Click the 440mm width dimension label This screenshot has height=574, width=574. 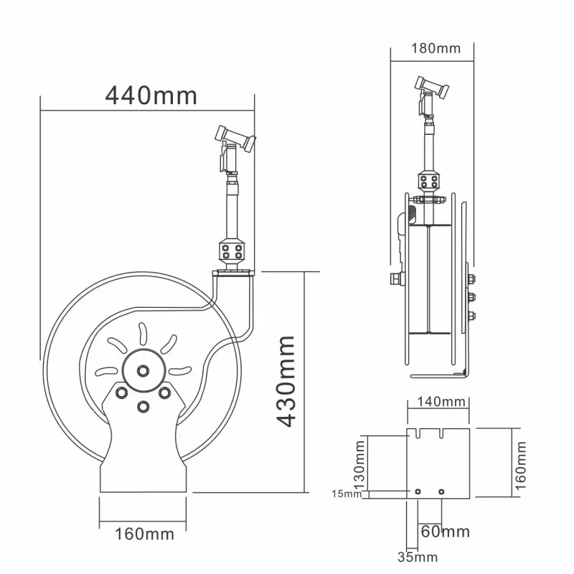[151, 96]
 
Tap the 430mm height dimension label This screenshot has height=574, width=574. [286, 381]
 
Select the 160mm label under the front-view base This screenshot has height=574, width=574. [145, 534]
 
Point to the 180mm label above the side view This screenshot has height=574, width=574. [436, 48]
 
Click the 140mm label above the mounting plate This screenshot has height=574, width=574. [441, 402]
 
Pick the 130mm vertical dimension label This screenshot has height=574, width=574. [359, 464]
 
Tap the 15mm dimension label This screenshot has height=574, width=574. [347, 494]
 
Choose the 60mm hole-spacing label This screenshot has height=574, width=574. [445, 532]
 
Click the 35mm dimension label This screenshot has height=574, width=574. [418, 557]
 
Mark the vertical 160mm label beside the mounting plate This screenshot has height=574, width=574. [521, 466]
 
